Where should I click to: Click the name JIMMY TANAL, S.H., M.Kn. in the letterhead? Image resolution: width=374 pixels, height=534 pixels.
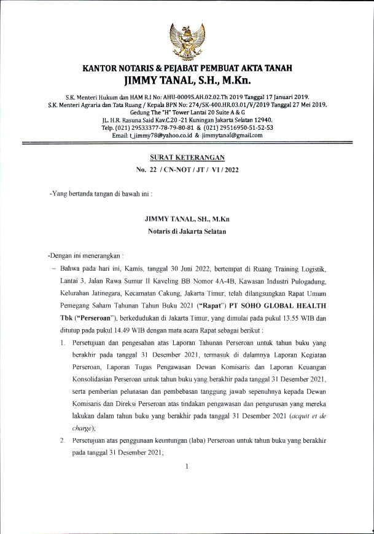coord(187,79)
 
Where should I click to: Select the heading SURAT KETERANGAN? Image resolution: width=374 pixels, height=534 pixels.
coord(187,157)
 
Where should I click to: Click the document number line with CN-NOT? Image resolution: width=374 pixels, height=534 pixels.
coord(187,170)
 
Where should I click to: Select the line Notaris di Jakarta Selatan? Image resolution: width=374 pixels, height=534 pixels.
coord(187,231)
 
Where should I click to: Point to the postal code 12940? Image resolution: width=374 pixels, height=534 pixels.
coord(259,119)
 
